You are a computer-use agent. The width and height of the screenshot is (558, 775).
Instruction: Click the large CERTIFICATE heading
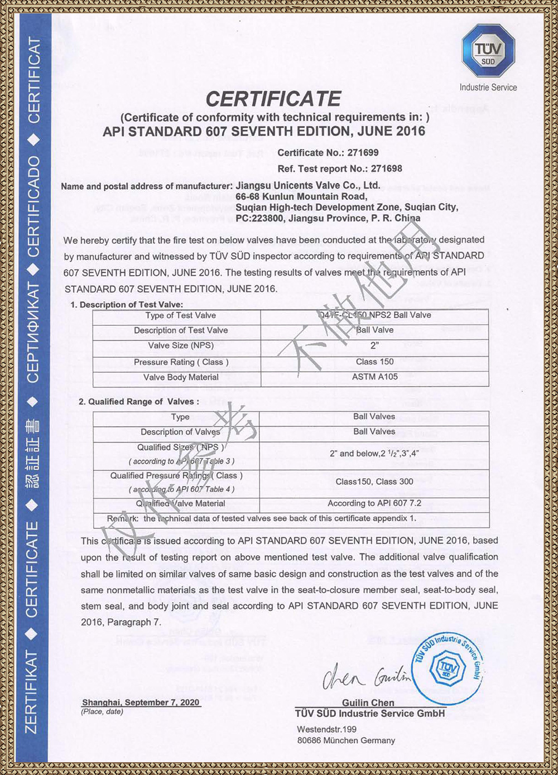click(x=273, y=99)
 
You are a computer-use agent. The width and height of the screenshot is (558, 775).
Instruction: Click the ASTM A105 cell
click(x=374, y=377)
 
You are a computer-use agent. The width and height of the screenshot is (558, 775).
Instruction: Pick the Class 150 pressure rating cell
click(x=374, y=362)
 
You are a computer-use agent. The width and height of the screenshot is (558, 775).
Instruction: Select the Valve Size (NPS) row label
click(x=180, y=345)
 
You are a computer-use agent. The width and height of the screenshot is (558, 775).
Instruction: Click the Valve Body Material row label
click(x=180, y=377)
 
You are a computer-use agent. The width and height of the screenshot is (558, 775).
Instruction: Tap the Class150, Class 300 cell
click(x=374, y=482)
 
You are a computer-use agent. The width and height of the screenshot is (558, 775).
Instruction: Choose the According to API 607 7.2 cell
click(x=374, y=503)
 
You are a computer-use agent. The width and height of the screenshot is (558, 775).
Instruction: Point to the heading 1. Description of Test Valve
click(x=127, y=305)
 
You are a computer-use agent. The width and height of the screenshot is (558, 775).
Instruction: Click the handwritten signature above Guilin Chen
click(x=365, y=676)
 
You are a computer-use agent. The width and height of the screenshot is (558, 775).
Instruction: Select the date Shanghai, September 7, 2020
click(x=141, y=702)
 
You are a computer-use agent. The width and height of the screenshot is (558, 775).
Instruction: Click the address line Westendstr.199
click(x=326, y=729)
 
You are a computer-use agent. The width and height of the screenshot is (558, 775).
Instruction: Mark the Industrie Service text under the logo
click(x=488, y=88)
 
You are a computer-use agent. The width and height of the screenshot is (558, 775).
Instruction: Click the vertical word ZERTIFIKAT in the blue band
click(x=32, y=692)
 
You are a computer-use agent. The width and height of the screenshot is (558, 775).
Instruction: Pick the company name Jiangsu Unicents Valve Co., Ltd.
click(x=307, y=185)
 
